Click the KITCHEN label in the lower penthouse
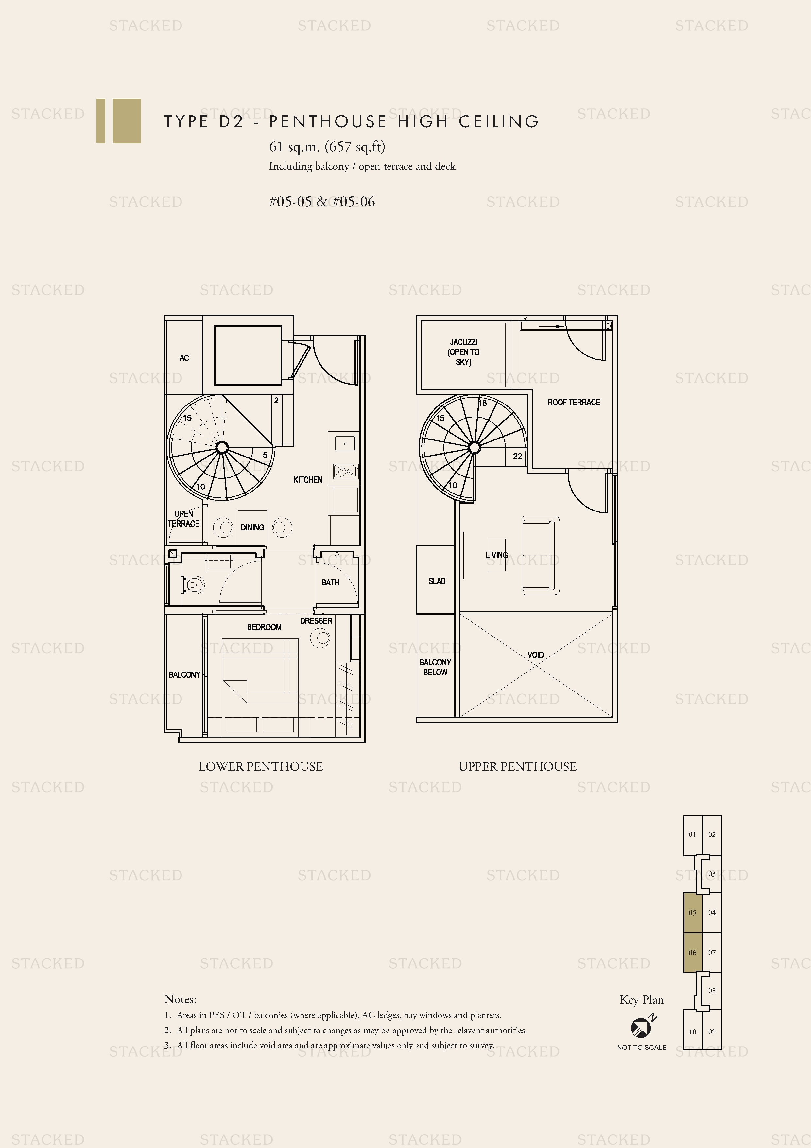(307, 479)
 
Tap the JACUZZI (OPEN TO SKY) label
(463, 352)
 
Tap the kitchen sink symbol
(345, 443)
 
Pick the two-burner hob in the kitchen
(345, 471)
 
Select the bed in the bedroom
(260, 670)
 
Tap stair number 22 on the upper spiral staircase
(517, 456)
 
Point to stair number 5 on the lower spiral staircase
(265, 455)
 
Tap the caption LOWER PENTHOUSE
(260, 766)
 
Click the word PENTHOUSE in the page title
(328, 121)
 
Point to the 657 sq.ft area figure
(355, 147)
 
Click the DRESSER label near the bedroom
(316, 620)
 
